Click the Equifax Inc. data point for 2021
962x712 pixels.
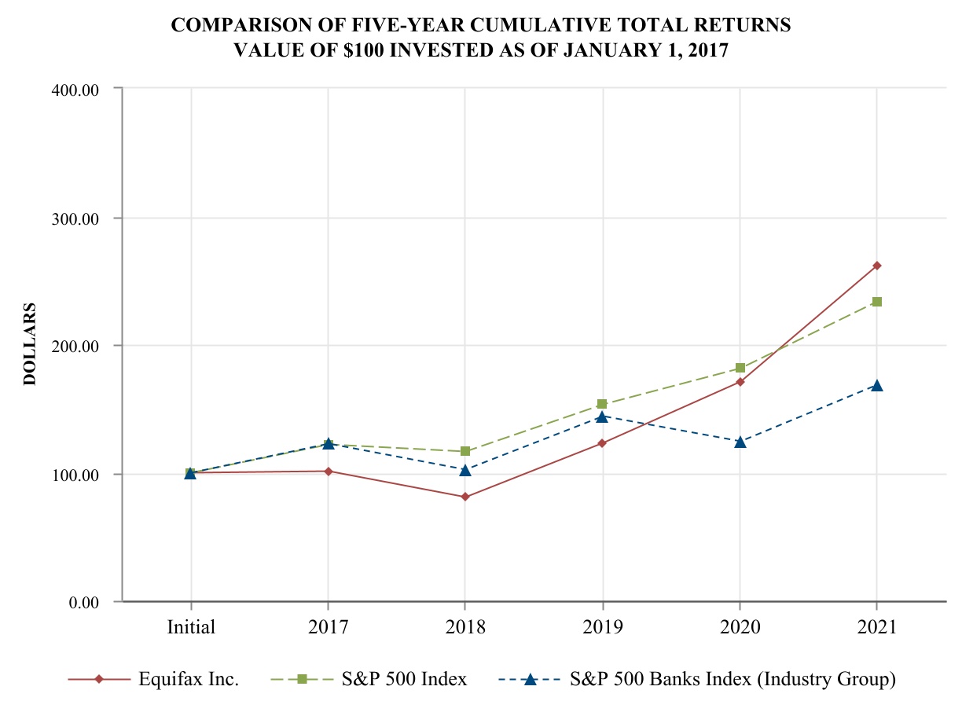(876, 266)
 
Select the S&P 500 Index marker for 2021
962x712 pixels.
(876, 302)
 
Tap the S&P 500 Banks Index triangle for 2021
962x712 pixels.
(876, 386)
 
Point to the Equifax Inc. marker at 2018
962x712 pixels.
(465, 497)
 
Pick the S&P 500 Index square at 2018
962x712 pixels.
(465, 451)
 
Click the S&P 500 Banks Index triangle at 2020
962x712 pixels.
(740, 442)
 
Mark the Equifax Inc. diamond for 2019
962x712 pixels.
(602, 443)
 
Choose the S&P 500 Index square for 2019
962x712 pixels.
(602, 404)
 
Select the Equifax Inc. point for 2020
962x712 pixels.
(740, 382)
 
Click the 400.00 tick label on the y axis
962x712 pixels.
(76, 90)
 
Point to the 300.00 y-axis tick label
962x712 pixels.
(76, 218)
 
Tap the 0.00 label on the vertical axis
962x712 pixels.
(83, 602)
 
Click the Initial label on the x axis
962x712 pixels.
(191, 627)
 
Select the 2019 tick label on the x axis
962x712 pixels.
(602, 627)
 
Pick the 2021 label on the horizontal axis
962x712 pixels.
(876, 627)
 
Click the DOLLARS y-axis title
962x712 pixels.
(30, 343)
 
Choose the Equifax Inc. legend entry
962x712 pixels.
(189, 679)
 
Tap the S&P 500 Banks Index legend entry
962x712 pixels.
(731, 679)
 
